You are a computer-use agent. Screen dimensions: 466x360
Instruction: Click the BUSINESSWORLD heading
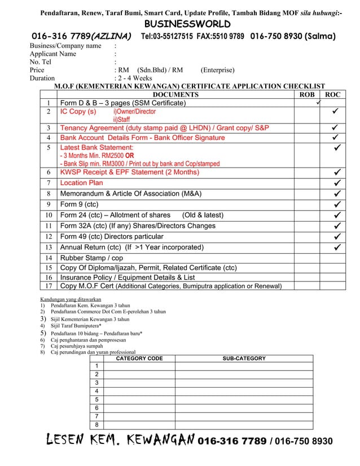(x=180, y=24)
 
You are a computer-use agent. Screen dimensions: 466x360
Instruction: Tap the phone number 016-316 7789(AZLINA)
(x=81, y=37)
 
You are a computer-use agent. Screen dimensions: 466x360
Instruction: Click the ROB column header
(x=306, y=95)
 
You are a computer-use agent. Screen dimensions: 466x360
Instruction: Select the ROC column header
(x=333, y=95)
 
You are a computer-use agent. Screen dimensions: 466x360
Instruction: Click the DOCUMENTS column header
(x=176, y=95)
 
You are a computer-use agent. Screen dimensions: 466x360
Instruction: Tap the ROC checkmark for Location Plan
(x=336, y=183)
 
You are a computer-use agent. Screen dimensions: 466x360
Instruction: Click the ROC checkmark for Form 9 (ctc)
(x=336, y=204)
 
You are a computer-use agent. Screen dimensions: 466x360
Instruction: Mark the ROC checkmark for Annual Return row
(x=336, y=247)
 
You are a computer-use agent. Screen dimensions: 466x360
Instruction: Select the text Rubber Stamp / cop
(x=91, y=258)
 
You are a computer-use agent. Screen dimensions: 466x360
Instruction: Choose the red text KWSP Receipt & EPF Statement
(x=129, y=172)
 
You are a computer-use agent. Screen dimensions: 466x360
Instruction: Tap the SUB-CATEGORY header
(x=244, y=358)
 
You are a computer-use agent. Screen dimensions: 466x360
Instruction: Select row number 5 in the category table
(x=96, y=400)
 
